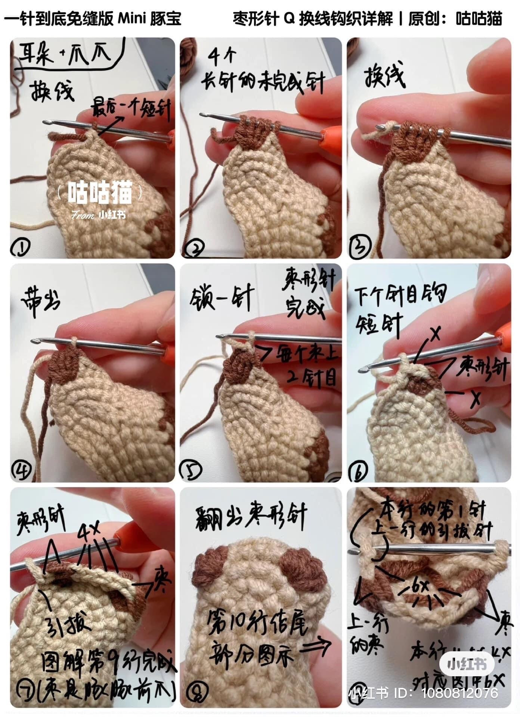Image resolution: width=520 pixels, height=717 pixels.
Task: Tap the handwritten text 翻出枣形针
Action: (251, 515)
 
